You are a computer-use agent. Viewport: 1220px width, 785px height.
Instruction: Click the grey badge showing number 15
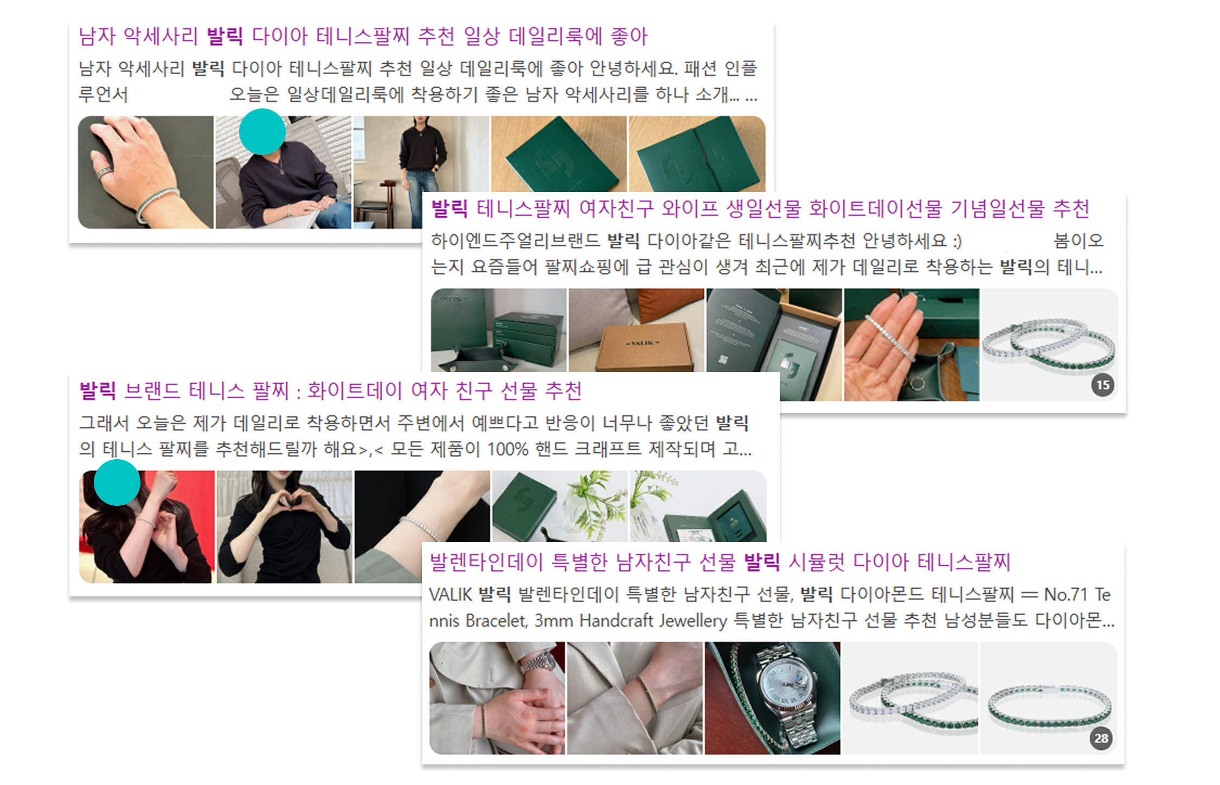point(1102,385)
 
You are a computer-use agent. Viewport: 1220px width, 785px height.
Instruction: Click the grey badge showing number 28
point(1101,738)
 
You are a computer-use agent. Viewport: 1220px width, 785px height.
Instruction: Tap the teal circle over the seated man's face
point(262,132)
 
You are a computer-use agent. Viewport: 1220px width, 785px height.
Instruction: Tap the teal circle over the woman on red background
point(117,482)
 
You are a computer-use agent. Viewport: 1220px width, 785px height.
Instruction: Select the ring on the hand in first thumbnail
point(105,172)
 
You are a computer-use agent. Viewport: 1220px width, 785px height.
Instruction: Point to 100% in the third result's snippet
point(508,449)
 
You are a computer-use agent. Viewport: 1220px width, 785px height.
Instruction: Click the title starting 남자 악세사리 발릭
point(363,36)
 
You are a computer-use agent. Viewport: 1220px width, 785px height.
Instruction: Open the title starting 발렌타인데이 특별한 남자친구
point(720,562)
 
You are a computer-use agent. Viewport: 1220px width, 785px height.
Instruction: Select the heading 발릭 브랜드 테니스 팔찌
point(330,390)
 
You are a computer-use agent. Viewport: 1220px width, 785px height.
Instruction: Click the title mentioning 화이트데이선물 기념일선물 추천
point(760,209)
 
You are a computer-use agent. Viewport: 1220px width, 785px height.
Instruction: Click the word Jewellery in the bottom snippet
point(693,621)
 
